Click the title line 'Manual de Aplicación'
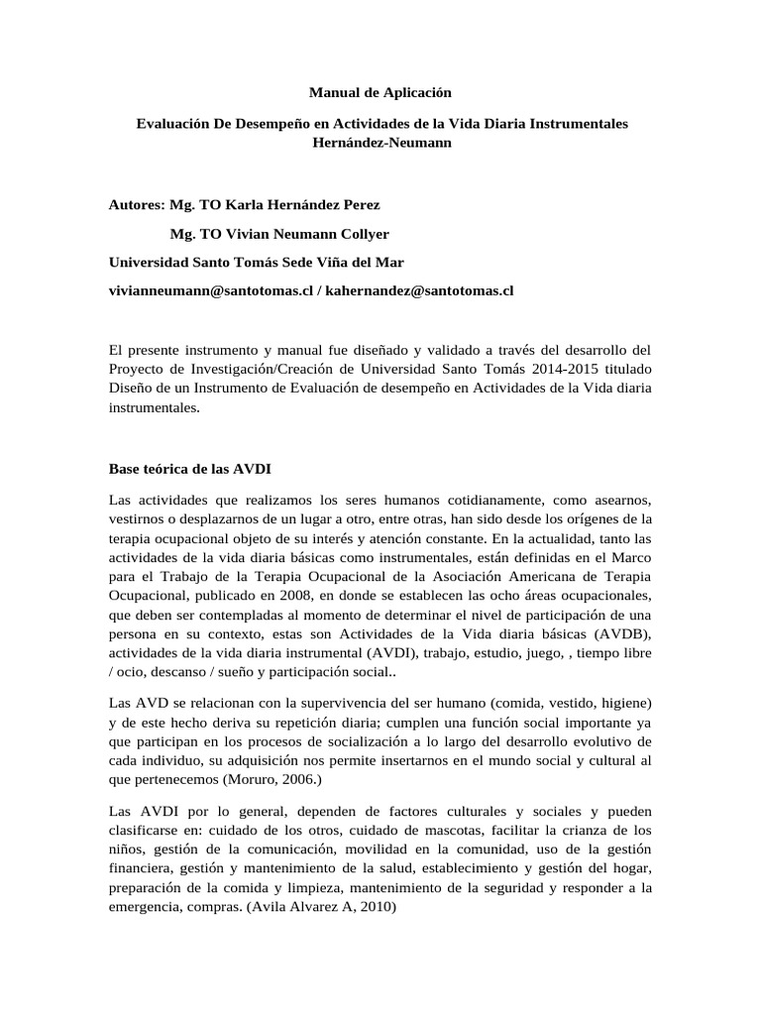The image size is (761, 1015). tap(380, 92)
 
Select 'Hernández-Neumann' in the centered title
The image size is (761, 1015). tap(380, 142)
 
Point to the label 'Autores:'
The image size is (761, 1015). tap(135, 205)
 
